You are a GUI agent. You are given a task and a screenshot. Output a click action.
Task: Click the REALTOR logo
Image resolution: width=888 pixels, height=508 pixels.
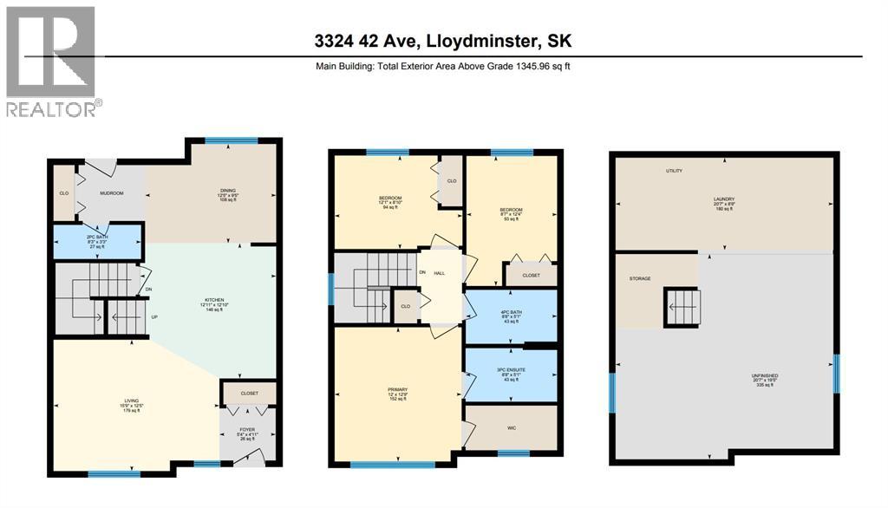click(51, 61)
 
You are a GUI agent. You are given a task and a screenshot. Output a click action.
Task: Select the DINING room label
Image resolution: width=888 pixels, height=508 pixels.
click(228, 191)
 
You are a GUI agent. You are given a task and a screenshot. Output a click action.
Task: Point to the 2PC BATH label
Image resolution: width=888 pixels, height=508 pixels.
click(95, 237)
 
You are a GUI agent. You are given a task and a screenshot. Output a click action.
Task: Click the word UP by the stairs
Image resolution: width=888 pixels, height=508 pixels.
click(154, 316)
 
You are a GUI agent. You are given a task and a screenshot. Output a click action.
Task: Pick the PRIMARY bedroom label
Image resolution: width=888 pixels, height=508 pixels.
click(398, 390)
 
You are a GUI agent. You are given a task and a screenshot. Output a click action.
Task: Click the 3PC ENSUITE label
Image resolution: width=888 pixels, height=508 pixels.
click(511, 370)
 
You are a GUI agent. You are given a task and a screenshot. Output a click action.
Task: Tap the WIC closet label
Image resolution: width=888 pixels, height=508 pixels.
click(511, 427)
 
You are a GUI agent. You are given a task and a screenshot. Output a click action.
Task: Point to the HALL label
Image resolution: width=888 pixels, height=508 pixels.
click(440, 273)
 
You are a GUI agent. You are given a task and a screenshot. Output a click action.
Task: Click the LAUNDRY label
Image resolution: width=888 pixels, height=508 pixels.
click(723, 199)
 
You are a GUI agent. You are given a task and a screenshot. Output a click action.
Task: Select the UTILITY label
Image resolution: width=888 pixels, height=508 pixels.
click(674, 171)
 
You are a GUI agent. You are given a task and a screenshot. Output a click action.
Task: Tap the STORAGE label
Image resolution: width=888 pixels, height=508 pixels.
click(640, 278)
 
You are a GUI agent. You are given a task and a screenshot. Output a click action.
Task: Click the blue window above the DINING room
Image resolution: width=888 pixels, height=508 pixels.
click(231, 140)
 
